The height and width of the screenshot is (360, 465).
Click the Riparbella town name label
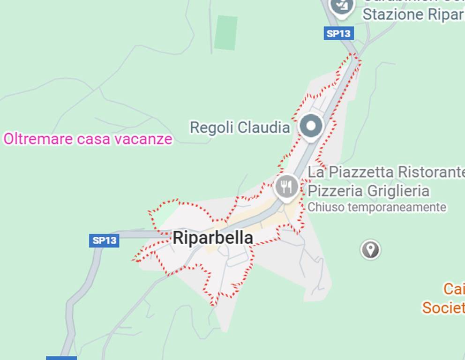(213, 238)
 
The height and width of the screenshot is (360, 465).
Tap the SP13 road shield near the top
(338, 33)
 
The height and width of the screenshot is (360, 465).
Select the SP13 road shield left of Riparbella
(104, 240)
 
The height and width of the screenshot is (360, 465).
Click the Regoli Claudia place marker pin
(311, 126)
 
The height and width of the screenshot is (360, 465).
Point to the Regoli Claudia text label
(240, 127)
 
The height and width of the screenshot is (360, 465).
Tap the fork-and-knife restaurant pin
(286, 187)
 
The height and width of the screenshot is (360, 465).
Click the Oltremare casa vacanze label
(88, 139)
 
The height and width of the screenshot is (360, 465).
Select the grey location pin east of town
(370, 249)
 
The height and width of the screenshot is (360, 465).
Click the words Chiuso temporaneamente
(376, 207)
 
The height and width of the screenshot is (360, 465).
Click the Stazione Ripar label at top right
(413, 15)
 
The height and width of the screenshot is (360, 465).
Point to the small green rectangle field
(226, 32)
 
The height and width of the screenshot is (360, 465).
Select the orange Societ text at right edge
(443, 308)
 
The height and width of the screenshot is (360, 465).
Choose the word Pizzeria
(335, 191)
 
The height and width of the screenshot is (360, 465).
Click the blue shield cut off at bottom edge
(61, 358)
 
